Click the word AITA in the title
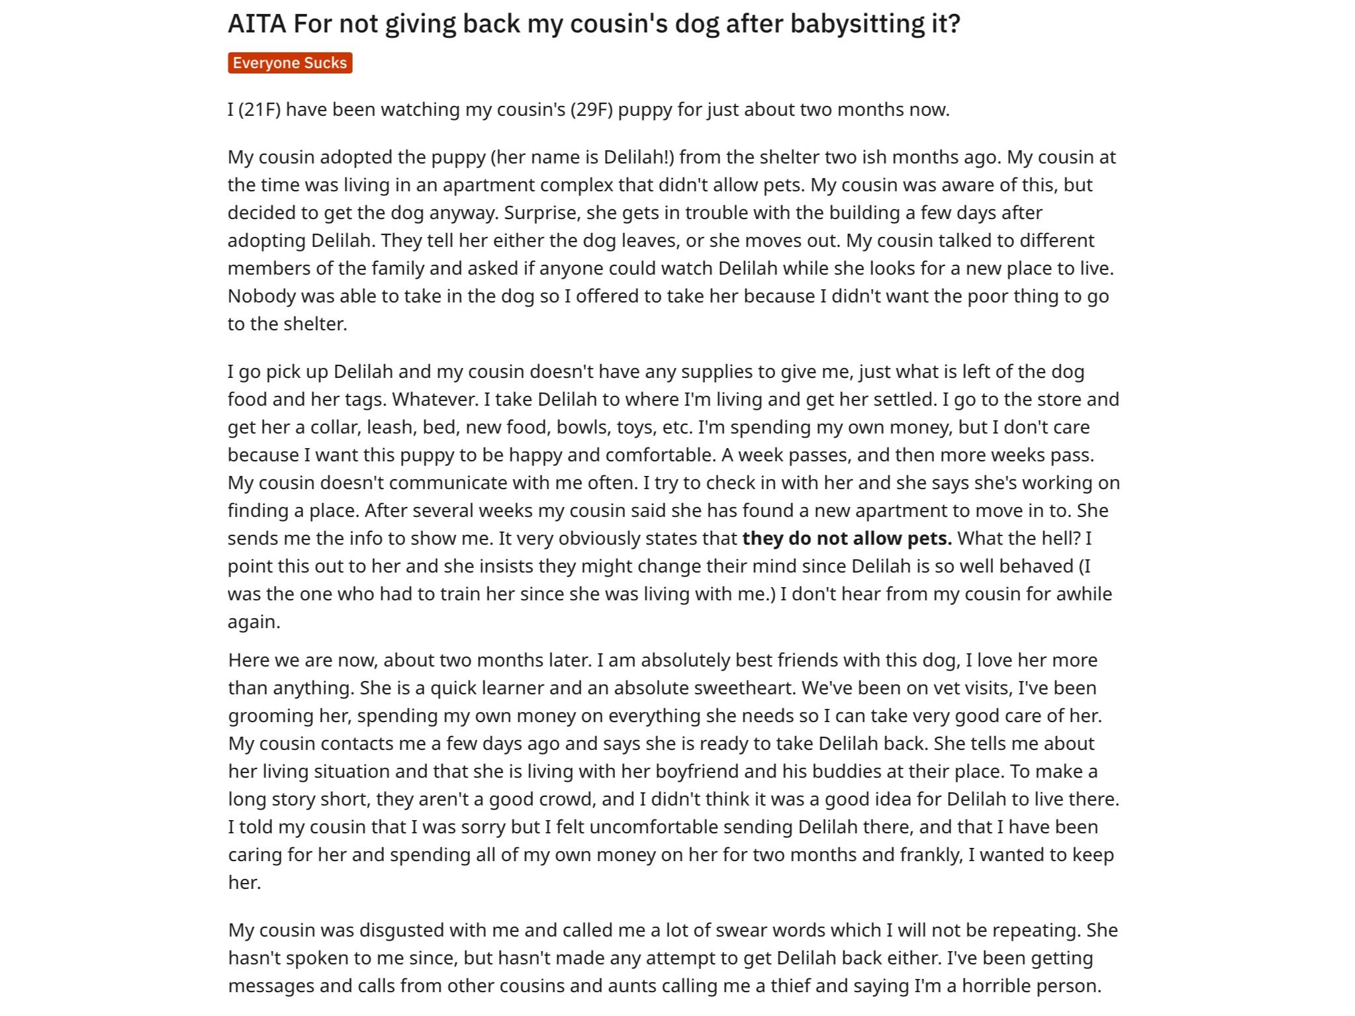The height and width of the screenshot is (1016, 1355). coord(257,24)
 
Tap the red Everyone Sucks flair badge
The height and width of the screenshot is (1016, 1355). coord(290,63)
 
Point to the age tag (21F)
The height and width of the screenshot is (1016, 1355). coord(259,109)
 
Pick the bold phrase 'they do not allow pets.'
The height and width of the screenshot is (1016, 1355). coord(847,538)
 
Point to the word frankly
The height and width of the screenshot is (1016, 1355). coord(931,854)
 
